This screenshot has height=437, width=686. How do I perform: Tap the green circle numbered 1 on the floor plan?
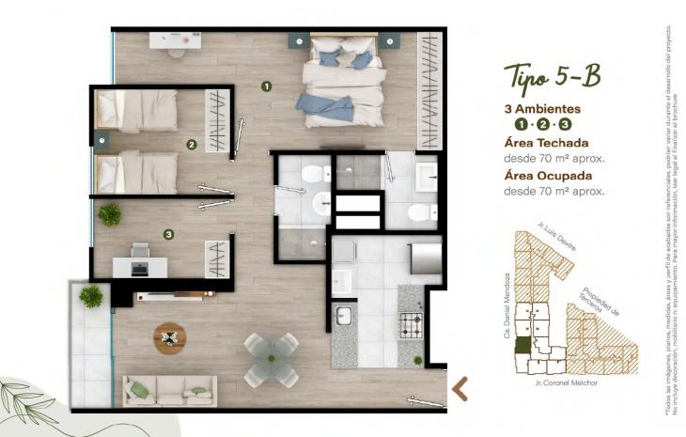tap(267, 86)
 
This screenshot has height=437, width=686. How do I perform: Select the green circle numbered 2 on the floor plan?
tap(191, 145)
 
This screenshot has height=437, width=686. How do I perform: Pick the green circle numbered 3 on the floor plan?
tap(168, 234)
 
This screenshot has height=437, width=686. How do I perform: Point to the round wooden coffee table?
tap(170, 336)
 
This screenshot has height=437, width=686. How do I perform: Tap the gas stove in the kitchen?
tap(411, 326)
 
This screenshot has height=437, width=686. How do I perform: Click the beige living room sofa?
tap(169, 389)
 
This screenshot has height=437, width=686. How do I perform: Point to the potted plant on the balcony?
tap(91, 297)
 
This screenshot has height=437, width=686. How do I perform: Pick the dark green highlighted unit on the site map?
tap(521, 345)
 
